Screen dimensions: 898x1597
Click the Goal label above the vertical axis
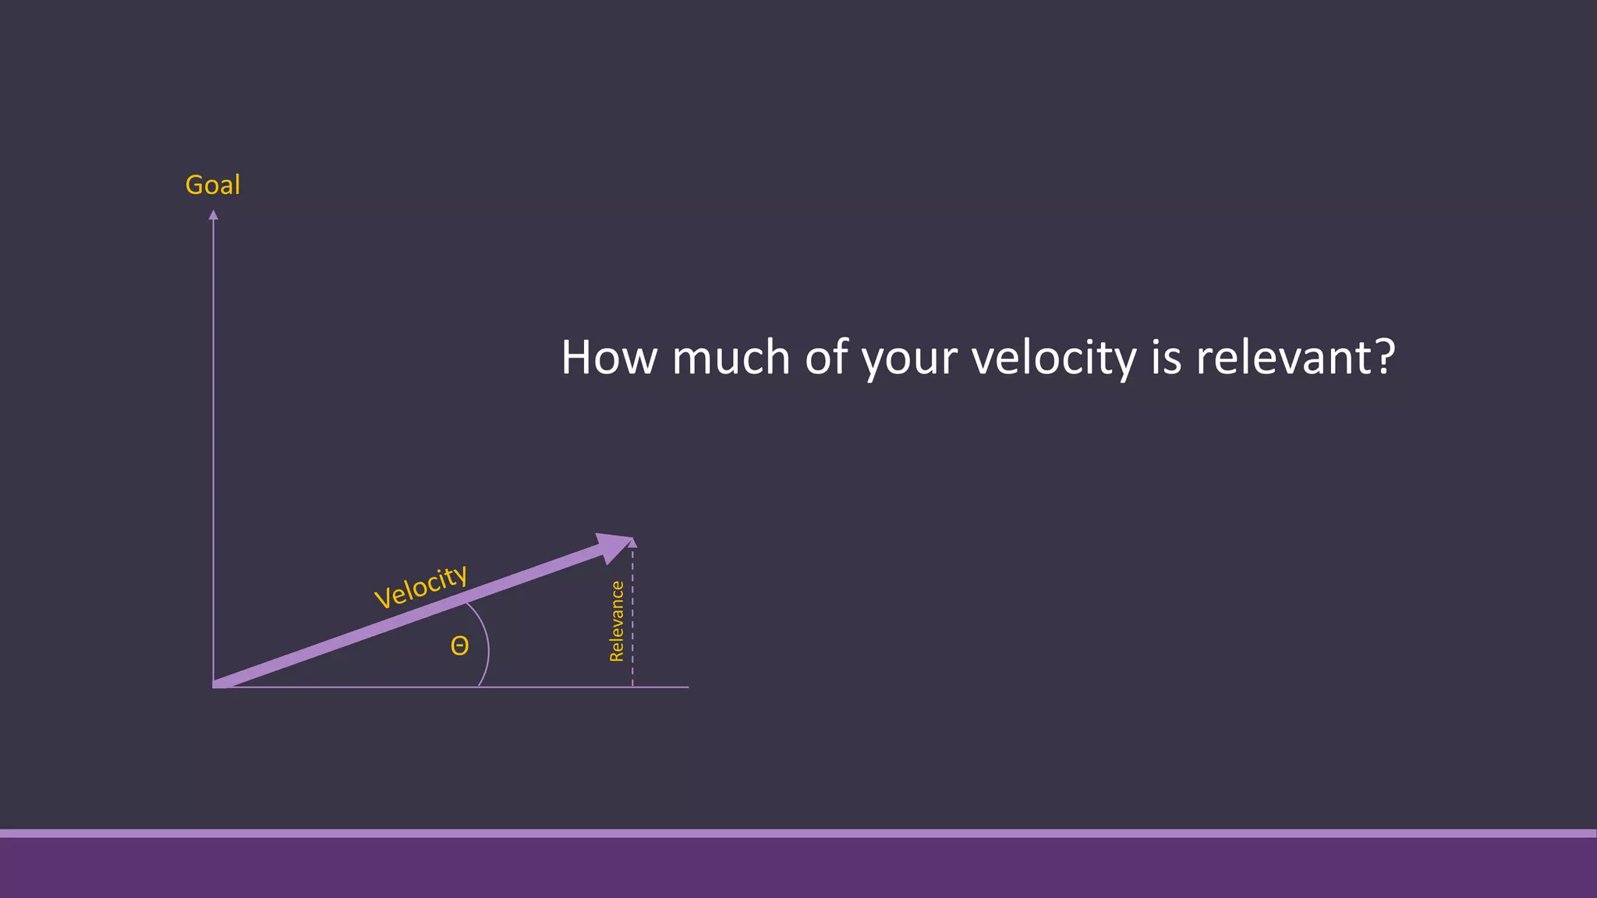(x=212, y=185)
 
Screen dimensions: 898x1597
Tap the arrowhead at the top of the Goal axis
(x=213, y=215)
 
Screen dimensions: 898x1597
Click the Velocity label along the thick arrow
(x=421, y=585)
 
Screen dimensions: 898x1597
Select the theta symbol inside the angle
(x=460, y=646)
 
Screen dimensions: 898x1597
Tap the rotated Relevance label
(x=617, y=621)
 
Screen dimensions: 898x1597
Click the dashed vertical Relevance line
(x=632, y=624)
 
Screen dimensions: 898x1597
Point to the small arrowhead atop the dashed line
(x=632, y=543)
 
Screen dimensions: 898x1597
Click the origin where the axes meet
(x=214, y=686)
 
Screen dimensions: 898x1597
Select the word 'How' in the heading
(x=609, y=358)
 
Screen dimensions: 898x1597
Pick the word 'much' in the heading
(x=731, y=358)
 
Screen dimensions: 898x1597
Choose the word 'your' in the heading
(x=909, y=360)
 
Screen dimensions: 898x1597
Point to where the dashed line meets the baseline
(x=632, y=687)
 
